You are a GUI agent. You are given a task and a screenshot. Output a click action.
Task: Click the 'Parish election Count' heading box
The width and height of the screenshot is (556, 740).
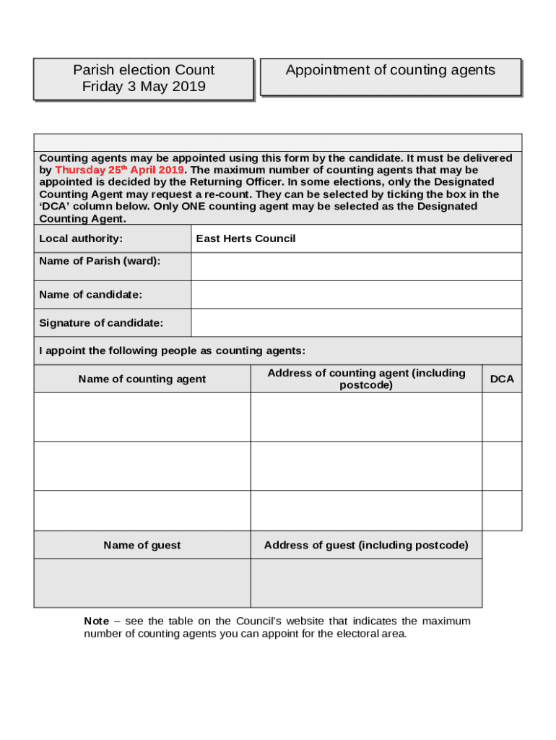coord(144,78)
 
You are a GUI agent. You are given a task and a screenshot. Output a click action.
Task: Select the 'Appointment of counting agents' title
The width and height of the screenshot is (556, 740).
coord(390,70)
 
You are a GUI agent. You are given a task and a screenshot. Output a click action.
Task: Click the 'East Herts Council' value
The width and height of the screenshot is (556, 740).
coord(246,238)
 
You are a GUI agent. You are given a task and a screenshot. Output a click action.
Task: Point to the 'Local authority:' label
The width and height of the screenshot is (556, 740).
coord(81,238)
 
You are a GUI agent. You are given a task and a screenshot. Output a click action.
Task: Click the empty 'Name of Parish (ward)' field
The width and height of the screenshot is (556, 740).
coord(356,267)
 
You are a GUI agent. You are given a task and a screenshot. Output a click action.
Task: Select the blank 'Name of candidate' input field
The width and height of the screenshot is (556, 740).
coord(356,295)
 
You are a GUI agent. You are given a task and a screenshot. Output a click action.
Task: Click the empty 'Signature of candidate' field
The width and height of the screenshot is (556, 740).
coord(356,323)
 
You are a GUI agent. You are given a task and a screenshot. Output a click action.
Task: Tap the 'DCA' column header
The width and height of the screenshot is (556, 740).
coord(502,379)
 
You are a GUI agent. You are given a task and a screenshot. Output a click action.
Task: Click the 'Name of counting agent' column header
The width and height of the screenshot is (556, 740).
coord(142,379)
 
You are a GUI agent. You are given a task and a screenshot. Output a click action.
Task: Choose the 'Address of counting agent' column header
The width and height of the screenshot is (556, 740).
coord(366,379)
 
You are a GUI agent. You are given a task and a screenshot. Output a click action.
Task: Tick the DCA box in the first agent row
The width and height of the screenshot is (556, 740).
coord(502,417)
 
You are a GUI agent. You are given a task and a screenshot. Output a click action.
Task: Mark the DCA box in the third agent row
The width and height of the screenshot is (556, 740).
coord(502,510)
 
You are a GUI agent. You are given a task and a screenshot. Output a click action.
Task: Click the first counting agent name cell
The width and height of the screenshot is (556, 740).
coord(142,417)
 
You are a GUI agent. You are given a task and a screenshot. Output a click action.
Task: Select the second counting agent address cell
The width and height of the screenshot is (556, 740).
coord(366,466)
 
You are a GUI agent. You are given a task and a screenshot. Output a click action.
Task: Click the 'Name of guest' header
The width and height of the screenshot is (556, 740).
coord(142,545)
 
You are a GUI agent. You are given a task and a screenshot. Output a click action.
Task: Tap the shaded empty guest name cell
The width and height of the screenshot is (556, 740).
coord(142,582)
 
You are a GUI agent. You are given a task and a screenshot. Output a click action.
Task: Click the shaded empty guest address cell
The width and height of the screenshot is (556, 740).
coord(366,582)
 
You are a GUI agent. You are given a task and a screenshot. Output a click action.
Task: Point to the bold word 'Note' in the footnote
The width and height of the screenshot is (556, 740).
coord(96,621)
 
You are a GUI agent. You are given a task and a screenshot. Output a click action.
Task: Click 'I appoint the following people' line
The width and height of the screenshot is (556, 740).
coord(172,350)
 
